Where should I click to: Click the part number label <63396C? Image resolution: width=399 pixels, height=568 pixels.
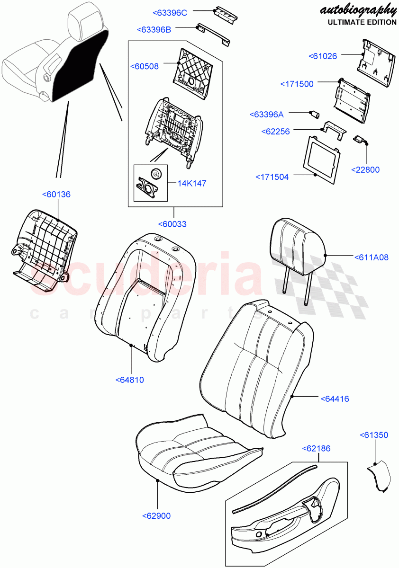click(169, 13)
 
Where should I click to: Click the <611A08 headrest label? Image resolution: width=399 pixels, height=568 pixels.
click(371, 257)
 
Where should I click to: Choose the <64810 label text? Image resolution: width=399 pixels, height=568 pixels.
click(129, 380)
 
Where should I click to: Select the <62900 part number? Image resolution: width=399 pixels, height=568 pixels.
click(156, 516)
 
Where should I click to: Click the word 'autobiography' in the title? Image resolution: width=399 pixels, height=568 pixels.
click(358, 9)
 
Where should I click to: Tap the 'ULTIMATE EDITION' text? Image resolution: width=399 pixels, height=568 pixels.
click(362, 22)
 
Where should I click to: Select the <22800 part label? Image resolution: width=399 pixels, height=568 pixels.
click(365, 169)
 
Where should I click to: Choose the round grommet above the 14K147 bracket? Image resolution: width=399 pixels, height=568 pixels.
click(155, 174)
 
